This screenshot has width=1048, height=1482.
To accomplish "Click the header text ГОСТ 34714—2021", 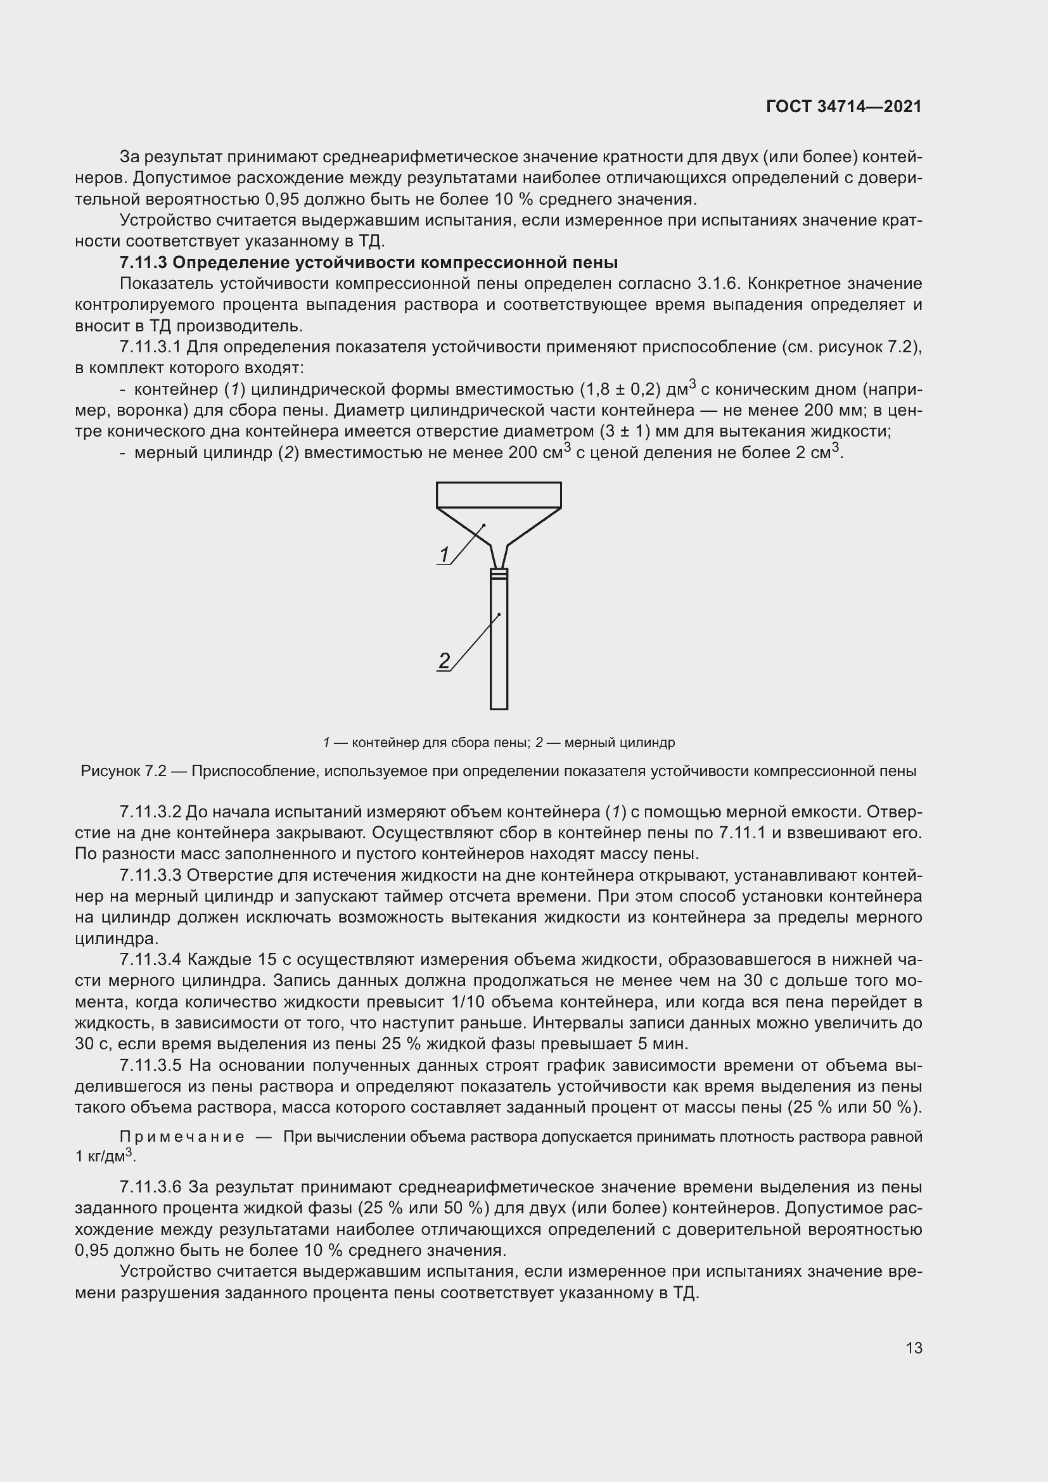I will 843,106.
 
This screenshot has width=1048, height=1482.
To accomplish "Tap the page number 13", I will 914,1348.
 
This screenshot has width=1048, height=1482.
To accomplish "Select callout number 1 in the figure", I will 444,554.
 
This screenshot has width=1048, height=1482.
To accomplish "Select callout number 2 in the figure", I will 444,660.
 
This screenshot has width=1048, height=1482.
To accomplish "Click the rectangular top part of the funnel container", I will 498,494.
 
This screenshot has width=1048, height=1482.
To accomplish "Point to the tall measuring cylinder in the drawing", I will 499,646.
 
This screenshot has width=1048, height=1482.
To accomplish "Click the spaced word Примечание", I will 182,1137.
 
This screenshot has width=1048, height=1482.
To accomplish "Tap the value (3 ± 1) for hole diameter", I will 615,431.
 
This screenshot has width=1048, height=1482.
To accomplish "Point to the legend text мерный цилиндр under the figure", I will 620,743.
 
